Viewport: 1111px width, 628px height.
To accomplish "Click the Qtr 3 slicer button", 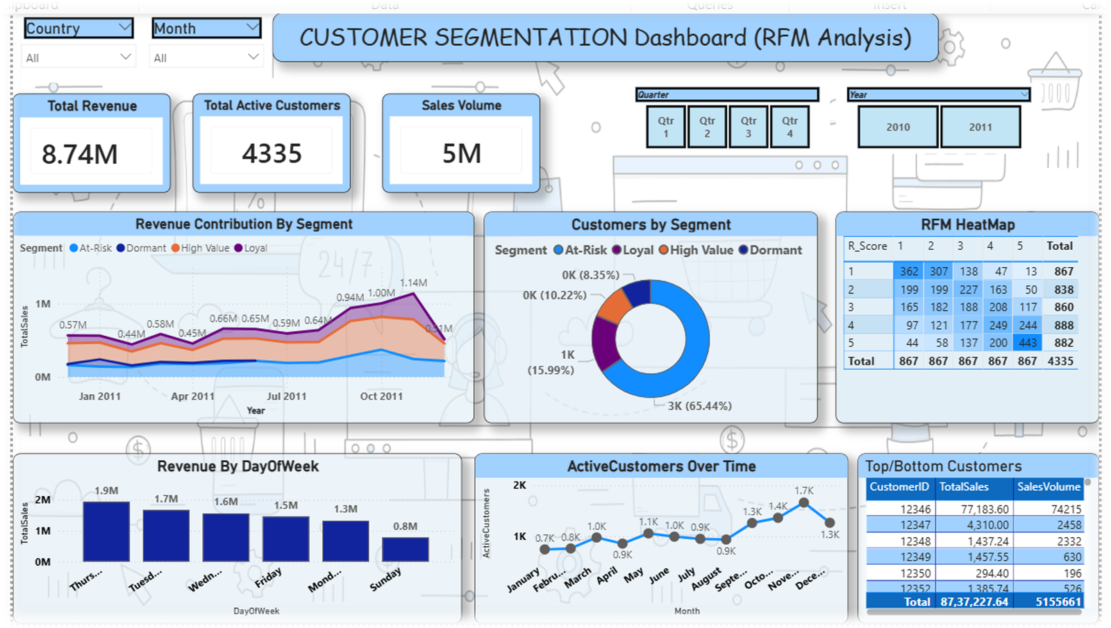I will click(748, 127).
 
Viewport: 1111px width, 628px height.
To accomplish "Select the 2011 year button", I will click(980, 127).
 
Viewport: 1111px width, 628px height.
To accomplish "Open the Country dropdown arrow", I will click(125, 28).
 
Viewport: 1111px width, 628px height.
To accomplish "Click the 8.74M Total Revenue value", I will click(80, 154).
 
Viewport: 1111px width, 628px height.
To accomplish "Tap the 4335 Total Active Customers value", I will click(272, 153).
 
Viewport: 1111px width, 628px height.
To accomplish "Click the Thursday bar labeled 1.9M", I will click(106, 531).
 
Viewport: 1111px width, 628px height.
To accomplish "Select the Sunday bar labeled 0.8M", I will click(406, 549).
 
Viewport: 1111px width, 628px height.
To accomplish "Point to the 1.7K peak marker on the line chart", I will click(804, 502).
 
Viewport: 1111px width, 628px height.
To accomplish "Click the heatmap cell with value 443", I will click(1028, 343).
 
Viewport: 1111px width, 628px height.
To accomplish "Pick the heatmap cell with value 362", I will click(909, 271).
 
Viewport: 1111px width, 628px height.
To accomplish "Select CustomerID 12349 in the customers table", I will click(915, 557).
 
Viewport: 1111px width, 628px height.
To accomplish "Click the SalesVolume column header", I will click(1049, 486).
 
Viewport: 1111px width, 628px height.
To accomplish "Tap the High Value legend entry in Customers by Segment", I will click(696, 250).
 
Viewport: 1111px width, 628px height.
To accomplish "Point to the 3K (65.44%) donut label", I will click(699, 406).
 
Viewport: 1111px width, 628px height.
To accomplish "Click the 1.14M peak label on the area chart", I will click(413, 282).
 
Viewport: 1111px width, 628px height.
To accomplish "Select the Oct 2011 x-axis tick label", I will click(381, 396).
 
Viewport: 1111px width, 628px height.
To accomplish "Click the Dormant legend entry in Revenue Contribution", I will click(142, 248).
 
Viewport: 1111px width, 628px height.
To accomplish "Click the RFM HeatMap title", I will click(967, 225).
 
